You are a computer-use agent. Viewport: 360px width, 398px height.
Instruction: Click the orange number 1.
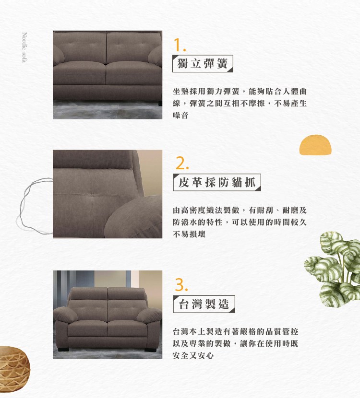(180, 45)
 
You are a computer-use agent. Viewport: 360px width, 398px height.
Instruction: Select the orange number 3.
(181, 285)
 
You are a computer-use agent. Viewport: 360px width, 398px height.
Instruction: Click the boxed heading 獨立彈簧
(203, 63)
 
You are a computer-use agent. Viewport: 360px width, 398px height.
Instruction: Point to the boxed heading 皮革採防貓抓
(216, 182)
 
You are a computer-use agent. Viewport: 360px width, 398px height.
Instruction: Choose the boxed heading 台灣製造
(204, 304)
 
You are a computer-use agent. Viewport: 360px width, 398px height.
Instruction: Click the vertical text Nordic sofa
(24, 47)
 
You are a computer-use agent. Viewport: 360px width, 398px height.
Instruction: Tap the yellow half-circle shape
(315, 145)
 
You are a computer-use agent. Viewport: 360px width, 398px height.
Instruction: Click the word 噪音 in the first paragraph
(180, 116)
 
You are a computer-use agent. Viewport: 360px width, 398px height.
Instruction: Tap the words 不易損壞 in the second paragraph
(189, 234)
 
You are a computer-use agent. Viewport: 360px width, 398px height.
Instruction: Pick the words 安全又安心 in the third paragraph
(193, 355)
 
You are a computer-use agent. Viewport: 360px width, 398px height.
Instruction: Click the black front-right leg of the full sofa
(151, 349)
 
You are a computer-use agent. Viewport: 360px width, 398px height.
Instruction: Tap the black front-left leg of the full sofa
(63, 349)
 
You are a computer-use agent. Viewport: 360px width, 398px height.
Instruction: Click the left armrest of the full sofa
(65, 315)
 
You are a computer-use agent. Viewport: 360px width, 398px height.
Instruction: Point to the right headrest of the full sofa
(127, 293)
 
